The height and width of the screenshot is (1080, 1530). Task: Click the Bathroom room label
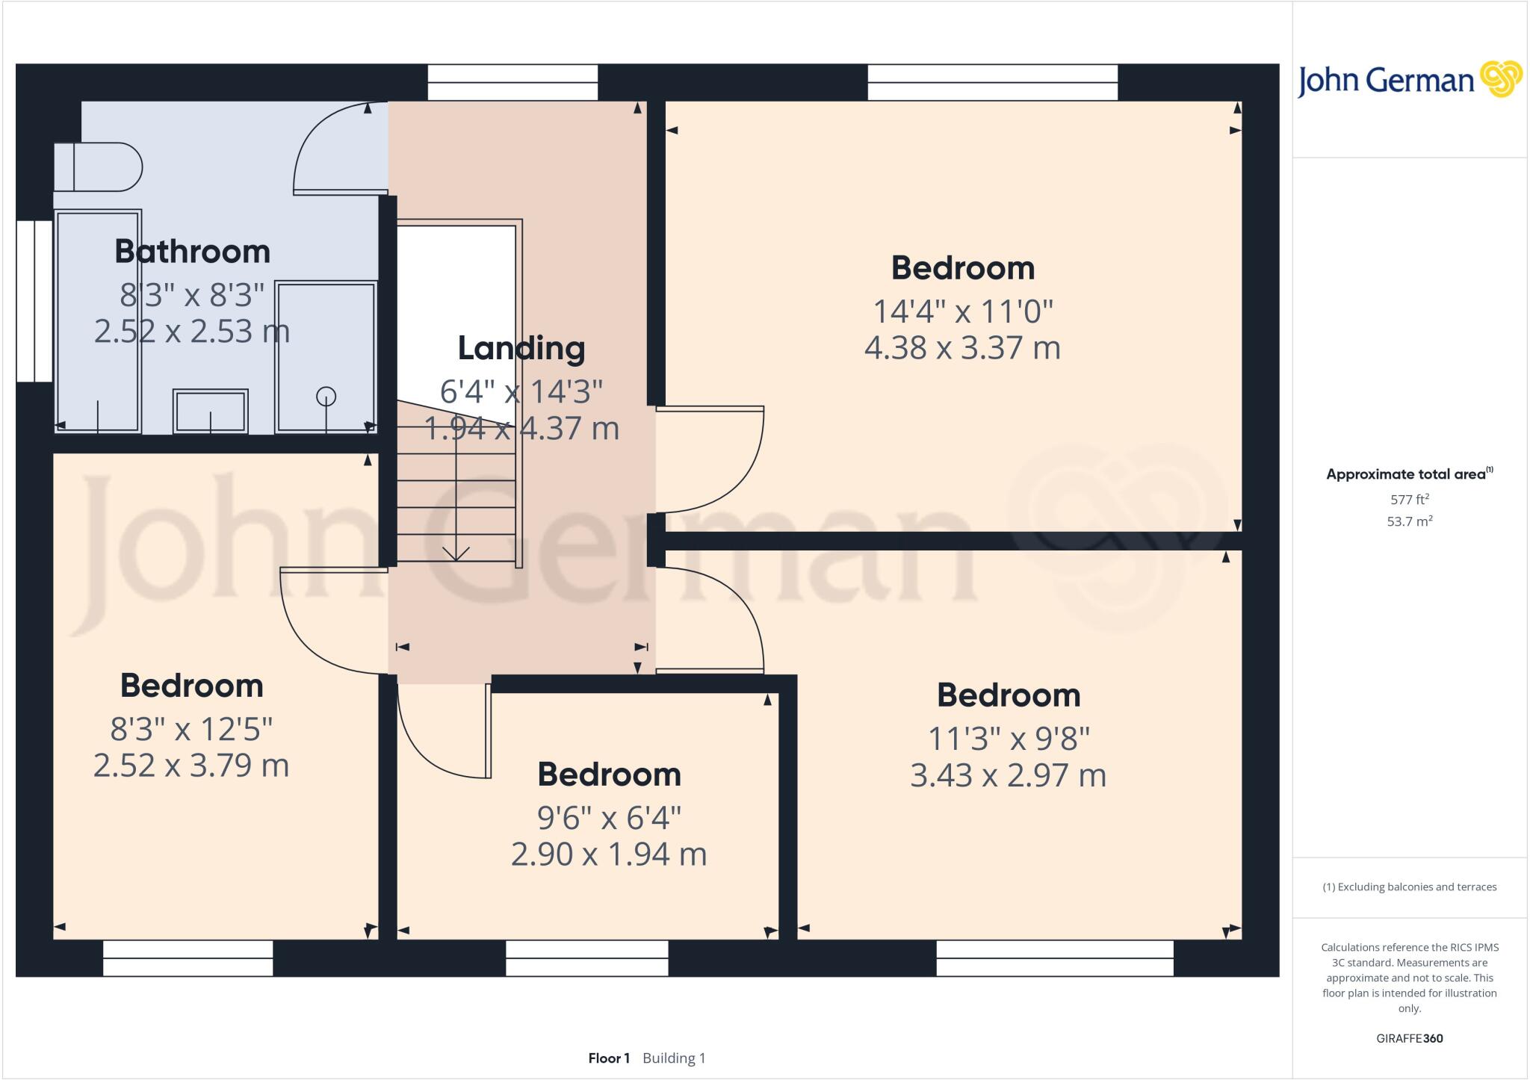[192, 252]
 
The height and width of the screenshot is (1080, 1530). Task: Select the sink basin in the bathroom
[210, 411]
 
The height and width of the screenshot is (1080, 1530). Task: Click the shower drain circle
[326, 397]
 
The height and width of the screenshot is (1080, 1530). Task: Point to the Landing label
[521, 348]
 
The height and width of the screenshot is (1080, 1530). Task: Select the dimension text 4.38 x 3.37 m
[962, 348]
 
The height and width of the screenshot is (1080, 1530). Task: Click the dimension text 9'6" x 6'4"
[609, 818]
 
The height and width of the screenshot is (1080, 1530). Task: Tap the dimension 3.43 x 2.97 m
[1008, 775]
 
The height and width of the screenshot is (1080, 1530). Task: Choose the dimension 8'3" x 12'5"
[191, 729]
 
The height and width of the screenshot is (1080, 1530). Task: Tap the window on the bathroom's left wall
[34, 301]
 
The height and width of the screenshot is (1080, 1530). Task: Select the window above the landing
[512, 82]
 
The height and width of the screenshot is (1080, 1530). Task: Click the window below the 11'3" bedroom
[1054, 958]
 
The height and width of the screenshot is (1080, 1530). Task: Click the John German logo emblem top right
[1501, 78]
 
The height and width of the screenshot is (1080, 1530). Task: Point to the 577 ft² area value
[1409, 500]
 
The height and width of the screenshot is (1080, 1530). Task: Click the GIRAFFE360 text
[1409, 1038]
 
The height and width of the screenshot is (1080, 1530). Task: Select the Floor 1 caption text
[609, 1058]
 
